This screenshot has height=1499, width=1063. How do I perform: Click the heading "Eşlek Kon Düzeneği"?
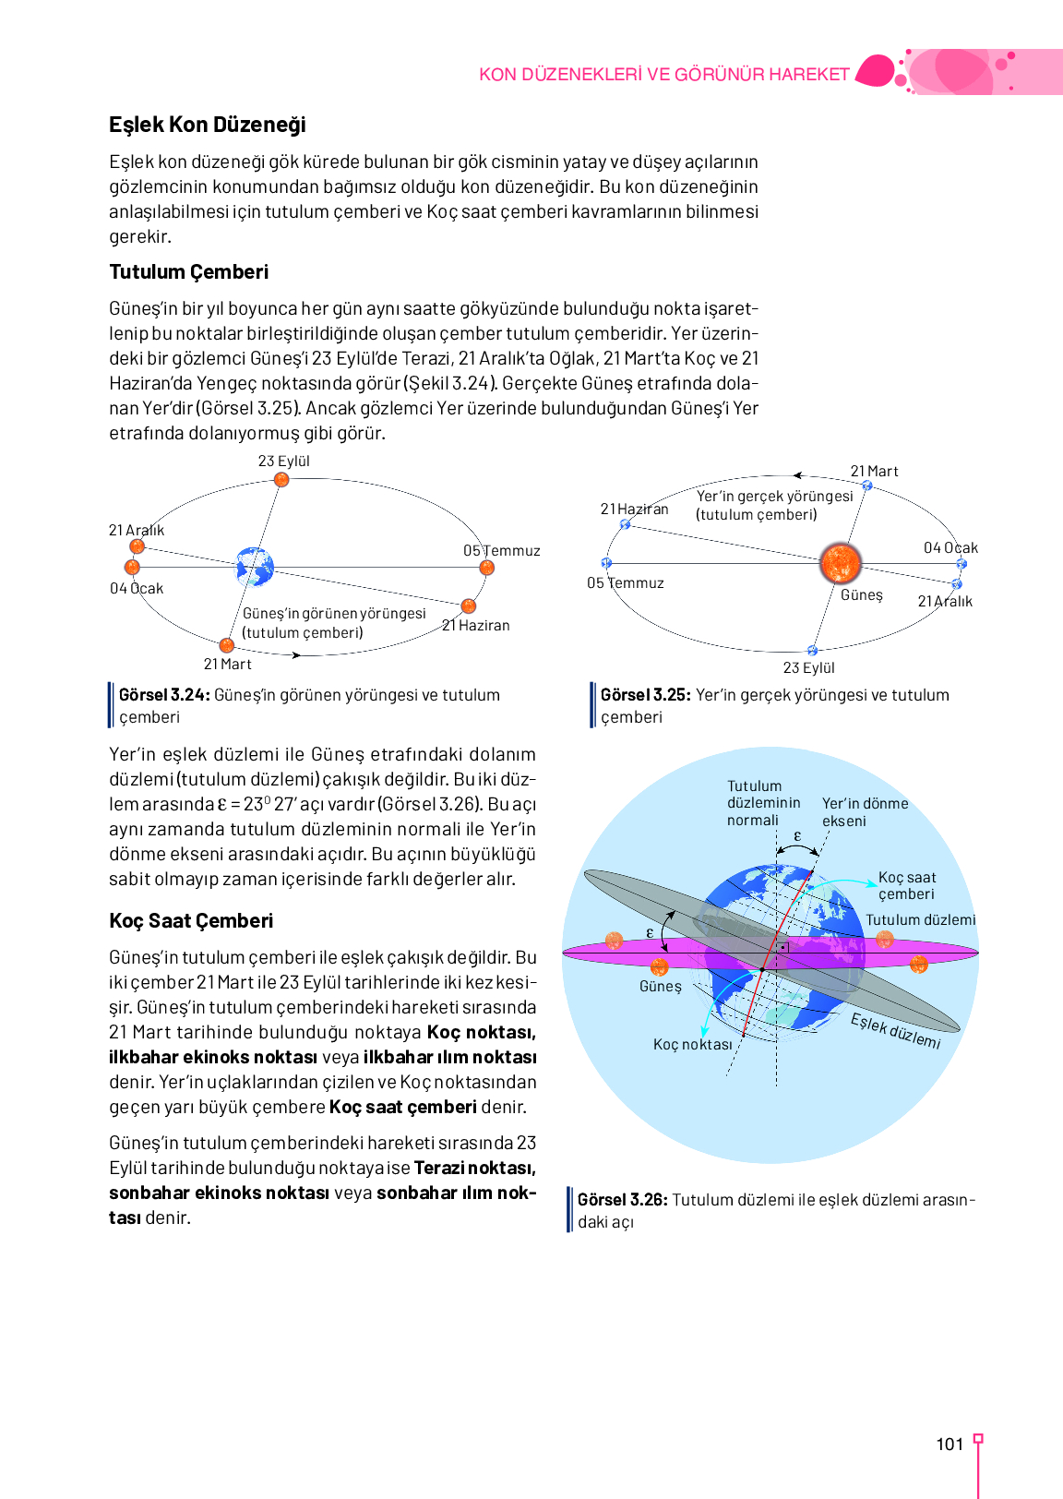click(x=207, y=125)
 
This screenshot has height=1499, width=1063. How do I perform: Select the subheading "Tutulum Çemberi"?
click(x=188, y=271)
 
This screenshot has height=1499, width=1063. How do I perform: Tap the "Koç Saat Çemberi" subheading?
click(x=191, y=920)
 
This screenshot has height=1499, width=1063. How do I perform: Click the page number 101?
click(x=950, y=1445)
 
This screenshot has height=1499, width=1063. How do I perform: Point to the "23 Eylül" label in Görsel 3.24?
click(x=283, y=461)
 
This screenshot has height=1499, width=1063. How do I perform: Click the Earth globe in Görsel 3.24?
click(x=255, y=567)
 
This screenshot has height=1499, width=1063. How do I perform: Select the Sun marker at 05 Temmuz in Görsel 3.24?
click(x=487, y=568)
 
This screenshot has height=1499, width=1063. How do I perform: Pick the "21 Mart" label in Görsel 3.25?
click(x=874, y=471)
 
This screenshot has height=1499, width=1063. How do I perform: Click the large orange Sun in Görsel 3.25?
click(x=840, y=563)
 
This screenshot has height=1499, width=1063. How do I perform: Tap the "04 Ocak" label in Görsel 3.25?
click(x=950, y=547)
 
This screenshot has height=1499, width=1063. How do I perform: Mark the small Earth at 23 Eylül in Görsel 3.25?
click(x=812, y=651)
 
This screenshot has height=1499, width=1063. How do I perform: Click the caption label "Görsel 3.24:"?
click(x=164, y=695)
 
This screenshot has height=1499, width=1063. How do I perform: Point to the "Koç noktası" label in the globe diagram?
click(x=692, y=1044)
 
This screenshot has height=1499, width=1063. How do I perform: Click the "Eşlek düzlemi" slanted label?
click(x=895, y=1030)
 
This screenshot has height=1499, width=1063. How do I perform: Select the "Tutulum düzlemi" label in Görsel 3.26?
click(x=920, y=919)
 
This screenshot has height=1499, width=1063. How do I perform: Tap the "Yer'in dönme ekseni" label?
click(x=865, y=812)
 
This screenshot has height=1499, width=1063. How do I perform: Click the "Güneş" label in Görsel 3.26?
click(x=660, y=986)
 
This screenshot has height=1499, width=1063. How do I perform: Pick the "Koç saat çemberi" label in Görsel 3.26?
click(x=906, y=885)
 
